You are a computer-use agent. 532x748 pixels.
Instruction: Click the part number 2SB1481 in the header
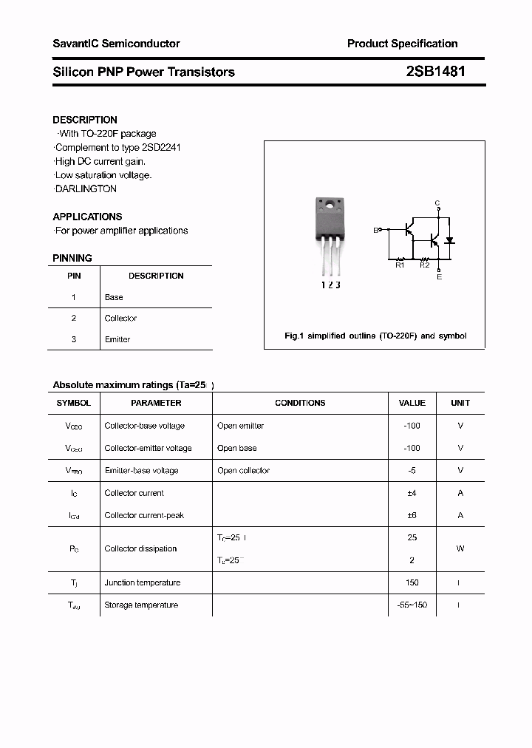435,72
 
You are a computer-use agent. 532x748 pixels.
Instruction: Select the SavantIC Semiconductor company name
116,44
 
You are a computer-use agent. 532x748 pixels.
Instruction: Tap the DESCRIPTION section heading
85,120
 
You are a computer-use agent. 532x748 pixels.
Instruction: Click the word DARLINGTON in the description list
87,188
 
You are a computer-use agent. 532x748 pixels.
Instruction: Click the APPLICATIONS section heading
87,217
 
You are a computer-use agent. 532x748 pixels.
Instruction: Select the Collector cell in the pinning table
120,319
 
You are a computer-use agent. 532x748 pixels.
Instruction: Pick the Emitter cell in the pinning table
117,339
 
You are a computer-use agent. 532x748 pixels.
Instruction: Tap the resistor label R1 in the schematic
400,265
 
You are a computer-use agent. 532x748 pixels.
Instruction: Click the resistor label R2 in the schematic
424,265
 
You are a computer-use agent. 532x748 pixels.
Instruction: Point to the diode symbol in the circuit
449,241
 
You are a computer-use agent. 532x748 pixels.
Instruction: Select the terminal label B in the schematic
375,231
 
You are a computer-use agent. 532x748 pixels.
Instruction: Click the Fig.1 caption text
375,336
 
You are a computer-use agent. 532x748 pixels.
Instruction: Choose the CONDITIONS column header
300,403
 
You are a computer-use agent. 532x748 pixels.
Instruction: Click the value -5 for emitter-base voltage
412,471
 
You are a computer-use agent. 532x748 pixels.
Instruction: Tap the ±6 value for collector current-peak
412,515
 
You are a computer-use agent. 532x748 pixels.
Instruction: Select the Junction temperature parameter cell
142,582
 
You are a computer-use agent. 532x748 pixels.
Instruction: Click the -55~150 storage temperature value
412,605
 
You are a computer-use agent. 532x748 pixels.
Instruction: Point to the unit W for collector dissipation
460,548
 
